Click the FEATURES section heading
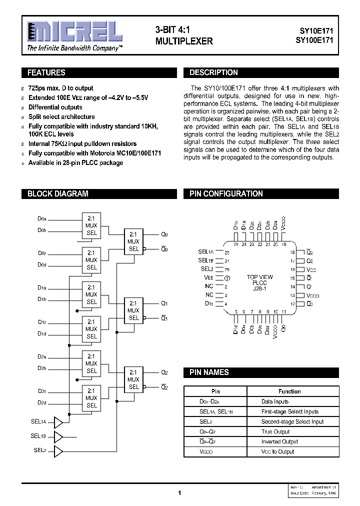coord(46,73)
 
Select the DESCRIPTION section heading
coord(213,73)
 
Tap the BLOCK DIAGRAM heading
coord(57,194)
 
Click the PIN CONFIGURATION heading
coord(226,194)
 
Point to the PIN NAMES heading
coord(209,372)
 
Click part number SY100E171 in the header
coord(313,40)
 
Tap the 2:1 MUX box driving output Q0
coord(133,241)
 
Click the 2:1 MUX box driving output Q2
coord(133,379)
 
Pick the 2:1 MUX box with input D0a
coord(91,225)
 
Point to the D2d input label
coord(42,402)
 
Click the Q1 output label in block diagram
coord(164,303)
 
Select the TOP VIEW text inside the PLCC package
coord(260,277)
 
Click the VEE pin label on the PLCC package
coord(208,277)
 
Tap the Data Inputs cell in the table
coord(275,401)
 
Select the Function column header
coord(289,391)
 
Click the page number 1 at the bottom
coord(179,492)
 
